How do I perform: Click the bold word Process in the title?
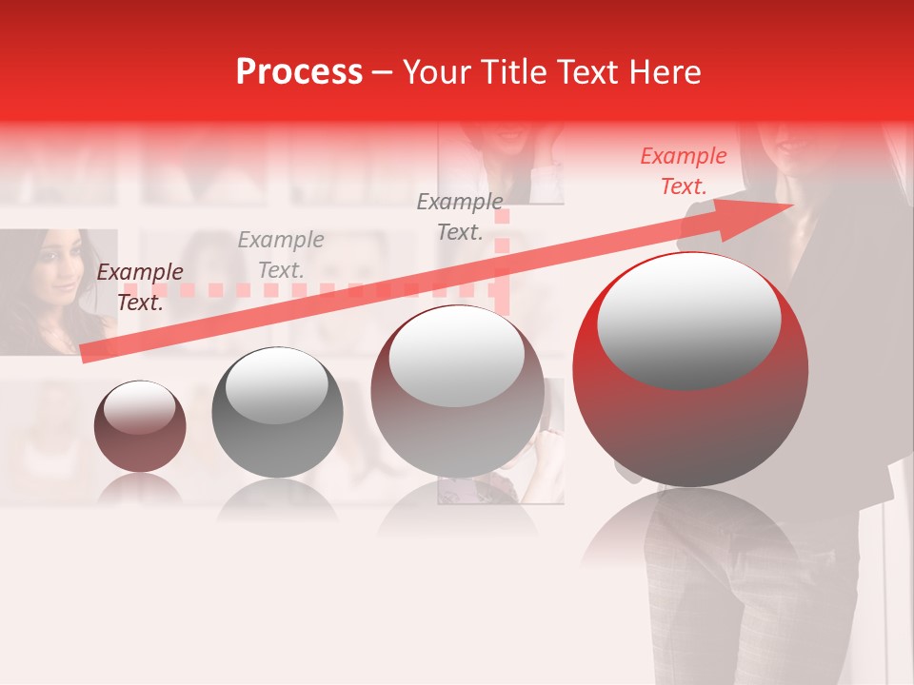(299, 72)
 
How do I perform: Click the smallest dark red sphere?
(140, 426)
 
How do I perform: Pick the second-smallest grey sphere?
(277, 412)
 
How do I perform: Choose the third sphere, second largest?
(457, 391)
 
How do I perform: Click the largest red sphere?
(690, 369)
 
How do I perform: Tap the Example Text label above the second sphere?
(280, 255)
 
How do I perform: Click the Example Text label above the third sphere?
(460, 216)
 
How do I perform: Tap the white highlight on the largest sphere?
(688, 322)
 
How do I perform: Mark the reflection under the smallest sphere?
(140, 489)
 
